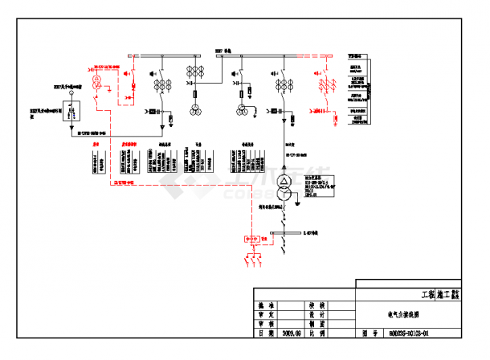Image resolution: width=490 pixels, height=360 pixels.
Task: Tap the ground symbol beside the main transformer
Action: pos(297,203)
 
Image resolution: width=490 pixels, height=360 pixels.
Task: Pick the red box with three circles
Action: pos(253,239)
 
